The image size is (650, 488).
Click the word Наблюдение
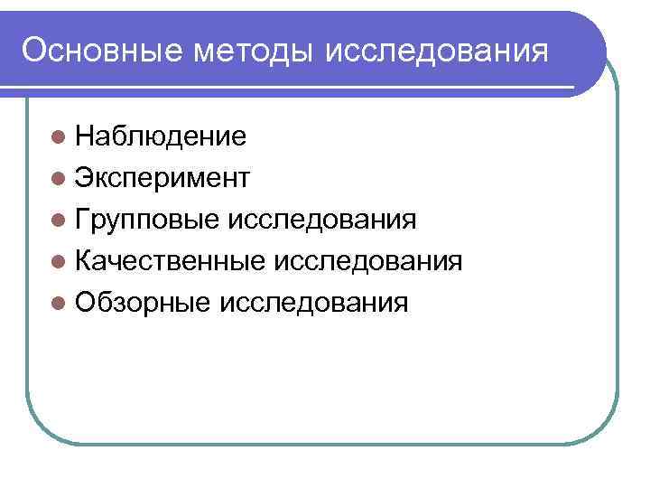coord(161,136)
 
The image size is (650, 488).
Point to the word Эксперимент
coord(162,178)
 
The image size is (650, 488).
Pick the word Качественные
coord(169,261)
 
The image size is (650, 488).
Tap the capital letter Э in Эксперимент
coord(84,178)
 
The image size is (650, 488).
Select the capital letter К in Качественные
coord(84,261)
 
